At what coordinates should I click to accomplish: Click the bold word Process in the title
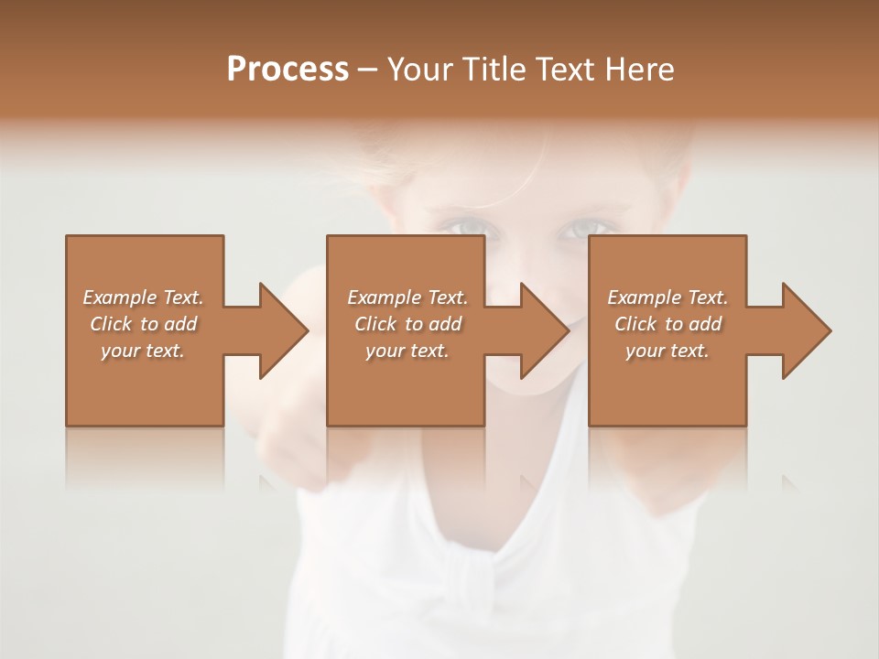click(288, 70)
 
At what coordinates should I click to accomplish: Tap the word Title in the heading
click(495, 70)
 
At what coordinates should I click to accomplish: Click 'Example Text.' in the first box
click(143, 297)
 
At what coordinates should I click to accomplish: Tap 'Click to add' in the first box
click(143, 324)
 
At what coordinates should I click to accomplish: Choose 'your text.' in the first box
click(143, 351)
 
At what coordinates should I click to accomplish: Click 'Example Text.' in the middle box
click(407, 297)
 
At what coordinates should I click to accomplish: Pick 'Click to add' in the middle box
click(407, 324)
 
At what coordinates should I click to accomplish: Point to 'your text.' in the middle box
click(407, 351)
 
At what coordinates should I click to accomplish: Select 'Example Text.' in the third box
click(667, 297)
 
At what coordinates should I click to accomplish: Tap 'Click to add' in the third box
click(667, 324)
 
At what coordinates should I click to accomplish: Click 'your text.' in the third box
click(667, 351)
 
